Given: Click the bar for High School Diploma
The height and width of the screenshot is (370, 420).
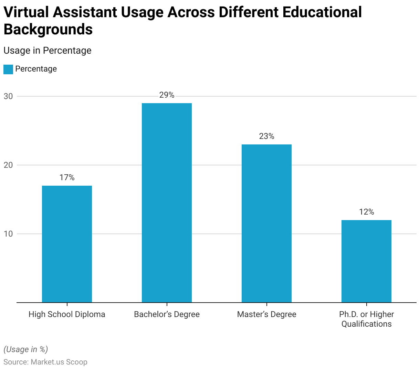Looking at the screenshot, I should click(x=67, y=244).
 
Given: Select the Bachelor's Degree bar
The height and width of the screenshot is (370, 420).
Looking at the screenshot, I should click(x=167, y=203).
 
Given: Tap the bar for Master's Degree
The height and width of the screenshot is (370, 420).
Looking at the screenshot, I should click(x=266, y=224).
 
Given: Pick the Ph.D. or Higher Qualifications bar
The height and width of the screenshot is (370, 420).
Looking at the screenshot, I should click(x=366, y=261).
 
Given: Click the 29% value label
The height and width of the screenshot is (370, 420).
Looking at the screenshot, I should click(x=167, y=95).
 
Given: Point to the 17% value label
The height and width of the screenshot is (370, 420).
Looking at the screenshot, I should click(x=67, y=177).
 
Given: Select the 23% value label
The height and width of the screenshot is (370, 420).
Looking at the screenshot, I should click(x=266, y=137).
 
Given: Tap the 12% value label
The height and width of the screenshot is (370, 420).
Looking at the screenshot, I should click(x=366, y=212).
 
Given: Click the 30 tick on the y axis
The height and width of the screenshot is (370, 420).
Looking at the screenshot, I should click(x=8, y=96).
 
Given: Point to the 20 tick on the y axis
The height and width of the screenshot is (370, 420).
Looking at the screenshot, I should click(x=8, y=165).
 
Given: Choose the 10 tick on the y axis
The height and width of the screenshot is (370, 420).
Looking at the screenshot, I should click(x=8, y=234).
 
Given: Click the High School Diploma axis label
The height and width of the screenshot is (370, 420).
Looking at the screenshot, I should click(x=67, y=314).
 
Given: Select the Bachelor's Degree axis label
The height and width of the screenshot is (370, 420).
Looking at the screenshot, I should click(x=167, y=314).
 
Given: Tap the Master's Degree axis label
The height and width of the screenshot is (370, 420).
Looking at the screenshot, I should click(x=266, y=314).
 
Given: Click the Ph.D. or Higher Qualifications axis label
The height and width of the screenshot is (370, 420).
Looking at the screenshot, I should click(x=366, y=319).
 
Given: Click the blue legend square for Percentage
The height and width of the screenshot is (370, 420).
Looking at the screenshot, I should click(x=8, y=69).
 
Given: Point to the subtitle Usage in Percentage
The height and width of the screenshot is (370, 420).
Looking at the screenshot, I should click(x=48, y=51).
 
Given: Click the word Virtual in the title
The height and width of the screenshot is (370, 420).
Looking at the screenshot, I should click(x=25, y=12).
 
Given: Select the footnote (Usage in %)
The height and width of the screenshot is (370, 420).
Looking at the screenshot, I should click(x=25, y=349).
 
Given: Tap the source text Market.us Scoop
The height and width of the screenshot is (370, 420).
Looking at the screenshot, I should click(x=59, y=362).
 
